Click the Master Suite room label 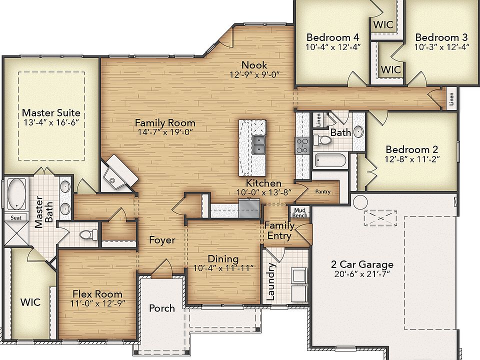point(51,113)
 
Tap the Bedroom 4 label point(333,37)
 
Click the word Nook point(254,65)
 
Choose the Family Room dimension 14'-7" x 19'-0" point(165,132)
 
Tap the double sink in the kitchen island point(258,145)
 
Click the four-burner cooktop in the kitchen point(302,145)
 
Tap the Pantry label point(323,191)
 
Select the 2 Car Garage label point(362,264)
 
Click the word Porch point(162,308)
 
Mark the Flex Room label point(97,294)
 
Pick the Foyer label point(162,240)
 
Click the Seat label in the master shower point(15,217)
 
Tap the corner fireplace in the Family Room point(118,171)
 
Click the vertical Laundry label point(270,282)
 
